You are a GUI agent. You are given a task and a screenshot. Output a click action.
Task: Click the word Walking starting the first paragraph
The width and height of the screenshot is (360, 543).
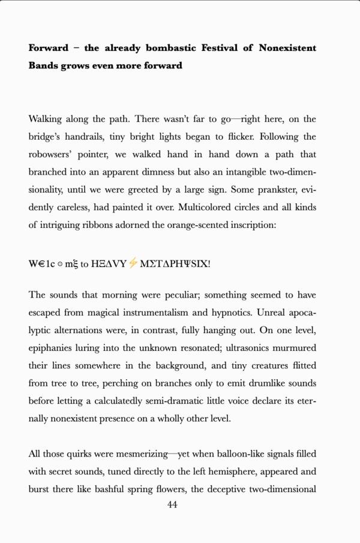coord(49,119)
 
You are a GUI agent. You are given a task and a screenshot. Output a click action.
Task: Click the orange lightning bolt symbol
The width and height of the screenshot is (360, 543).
coord(133,263)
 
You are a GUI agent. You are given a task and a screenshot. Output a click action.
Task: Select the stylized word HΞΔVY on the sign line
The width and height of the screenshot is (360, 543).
coord(109,263)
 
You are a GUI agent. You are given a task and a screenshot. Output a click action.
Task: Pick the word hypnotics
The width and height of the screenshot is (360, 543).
coord(233,313)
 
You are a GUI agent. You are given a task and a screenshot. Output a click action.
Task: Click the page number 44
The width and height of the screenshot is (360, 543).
coord(172,505)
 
